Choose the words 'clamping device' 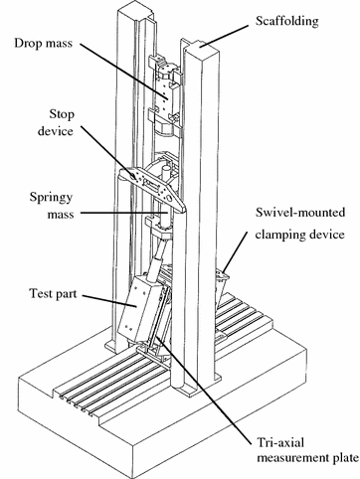point(298,238)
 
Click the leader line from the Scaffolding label point(233,34)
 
